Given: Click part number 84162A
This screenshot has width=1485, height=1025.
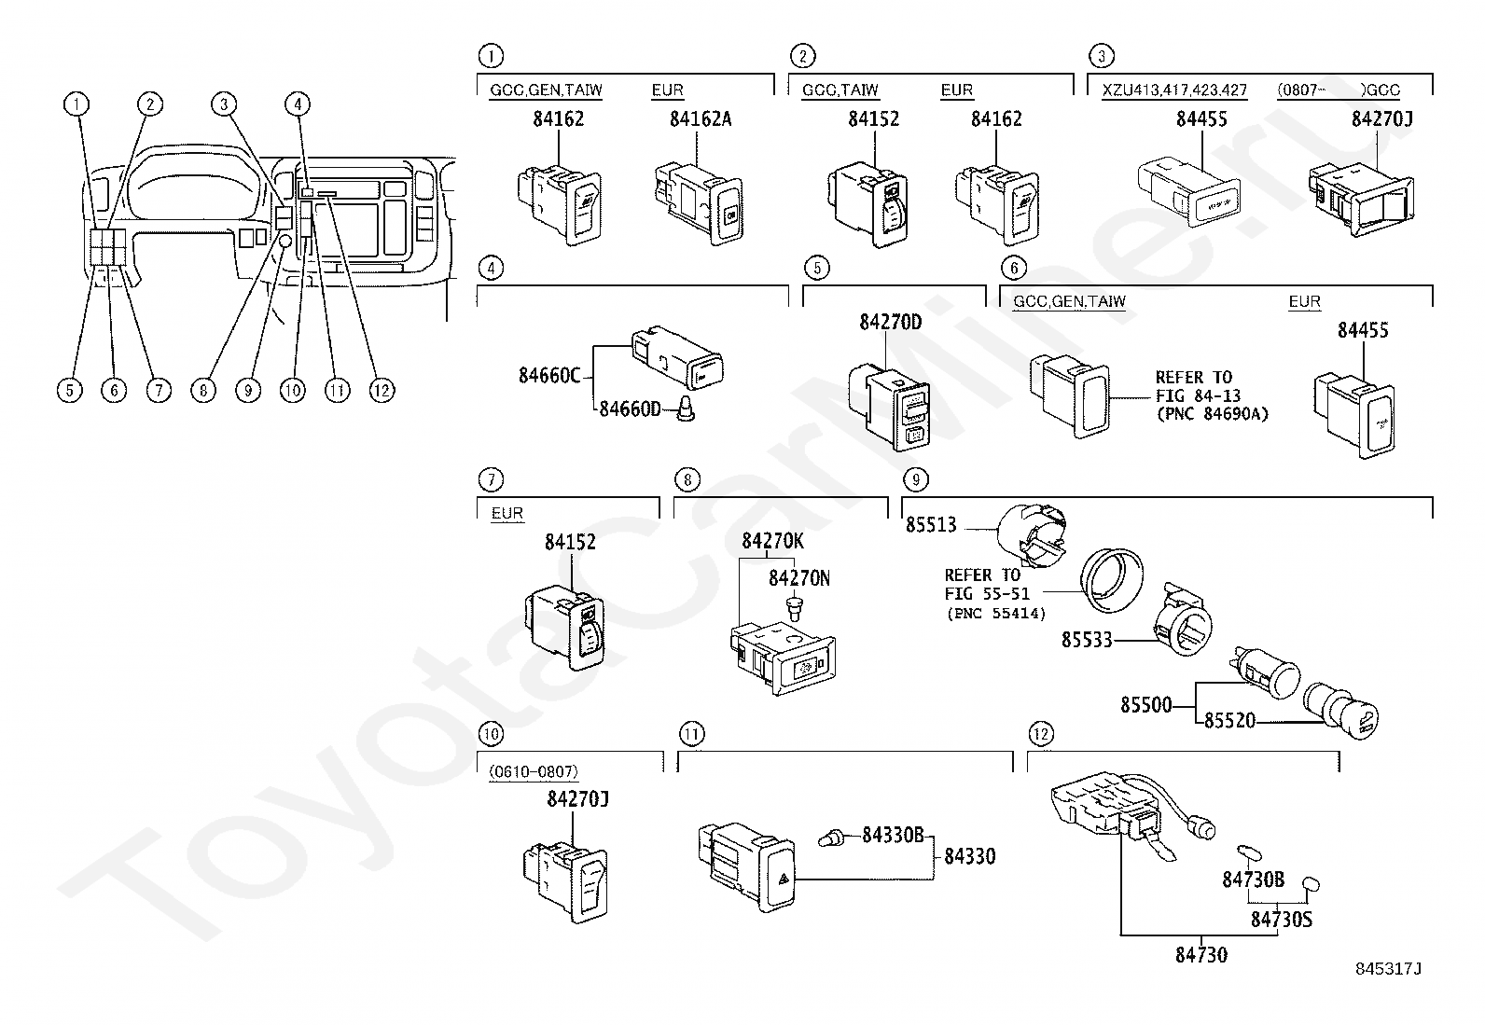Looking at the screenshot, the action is pos(701,119).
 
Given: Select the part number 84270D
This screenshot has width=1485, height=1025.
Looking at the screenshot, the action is pos(890,322).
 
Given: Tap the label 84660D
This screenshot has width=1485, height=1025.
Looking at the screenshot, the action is pos(630,409).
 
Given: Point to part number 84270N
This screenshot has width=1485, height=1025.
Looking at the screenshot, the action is pos(798,579).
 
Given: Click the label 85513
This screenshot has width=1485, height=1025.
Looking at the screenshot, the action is pos(931,525).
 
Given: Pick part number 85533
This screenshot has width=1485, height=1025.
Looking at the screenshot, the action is pos(1087,640).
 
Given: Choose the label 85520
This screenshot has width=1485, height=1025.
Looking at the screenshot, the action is pos(1229,721).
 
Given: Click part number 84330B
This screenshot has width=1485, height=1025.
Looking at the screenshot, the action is pos(893,836).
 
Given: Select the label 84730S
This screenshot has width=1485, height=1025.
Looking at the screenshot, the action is pos(1281,920).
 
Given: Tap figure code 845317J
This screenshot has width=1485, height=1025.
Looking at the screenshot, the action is pos(1388,969).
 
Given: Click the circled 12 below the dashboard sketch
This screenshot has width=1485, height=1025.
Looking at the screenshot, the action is pos(382,391).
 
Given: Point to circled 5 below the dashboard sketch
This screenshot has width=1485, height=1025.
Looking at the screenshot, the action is pos(70,391).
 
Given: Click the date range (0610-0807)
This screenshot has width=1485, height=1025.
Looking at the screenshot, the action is pos(534,771).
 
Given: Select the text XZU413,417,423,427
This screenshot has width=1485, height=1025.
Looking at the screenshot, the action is pos(1174,90).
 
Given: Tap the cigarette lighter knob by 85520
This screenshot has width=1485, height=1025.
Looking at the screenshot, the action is pos(1340,712).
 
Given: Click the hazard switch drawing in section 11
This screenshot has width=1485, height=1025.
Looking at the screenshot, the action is pos(746,867).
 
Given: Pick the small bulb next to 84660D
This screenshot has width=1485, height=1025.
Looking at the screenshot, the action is pos(686,409).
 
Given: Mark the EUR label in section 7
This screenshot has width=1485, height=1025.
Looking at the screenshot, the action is pos(507,513).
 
